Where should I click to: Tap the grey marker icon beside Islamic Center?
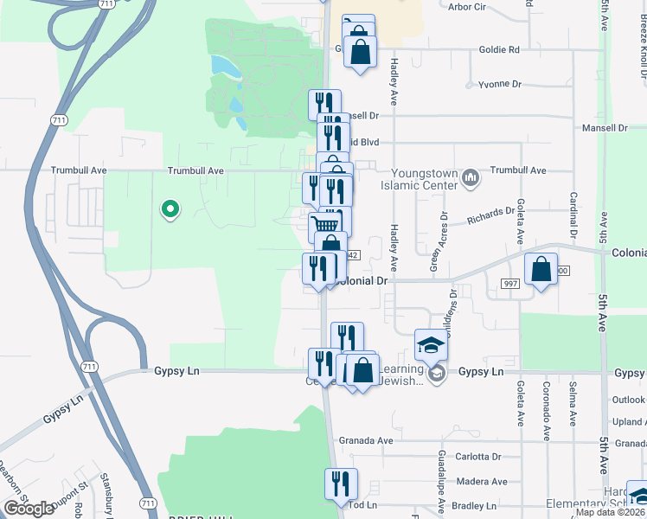[x=471, y=178]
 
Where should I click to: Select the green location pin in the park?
[x=170, y=208]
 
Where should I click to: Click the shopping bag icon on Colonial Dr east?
[x=541, y=269]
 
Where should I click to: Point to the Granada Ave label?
[x=366, y=440]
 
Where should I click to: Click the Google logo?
[x=29, y=509]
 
